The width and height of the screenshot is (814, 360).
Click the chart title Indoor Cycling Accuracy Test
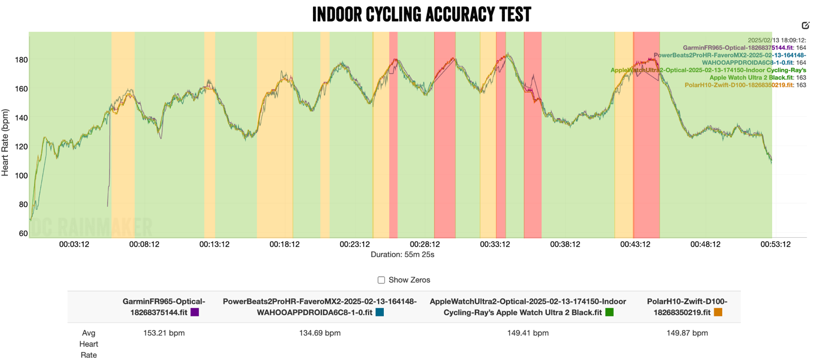pyautogui.click(x=422, y=15)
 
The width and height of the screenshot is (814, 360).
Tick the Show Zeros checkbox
pyautogui.click(x=382, y=280)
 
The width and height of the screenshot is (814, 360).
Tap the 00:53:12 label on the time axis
pyautogui.click(x=775, y=245)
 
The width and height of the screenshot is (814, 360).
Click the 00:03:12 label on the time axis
pyautogui.click(x=74, y=245)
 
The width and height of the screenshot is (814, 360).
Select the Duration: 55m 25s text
pyautogui.click(x=402, y=255)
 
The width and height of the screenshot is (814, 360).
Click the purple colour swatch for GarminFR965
pyautogui.click(x=195, y=312)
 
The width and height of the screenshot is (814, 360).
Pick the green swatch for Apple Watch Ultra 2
pyautogui.click(x=609, y=312)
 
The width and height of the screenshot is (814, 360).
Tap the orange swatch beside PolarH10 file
pyautogui.click(x=718, y=312)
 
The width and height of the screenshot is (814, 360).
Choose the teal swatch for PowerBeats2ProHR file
pyautogui.click(x=380, y=312)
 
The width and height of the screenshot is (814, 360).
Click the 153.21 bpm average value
pyautogui.click(x=164, y=333)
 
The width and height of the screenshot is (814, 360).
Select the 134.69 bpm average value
pyautogui.click(x=320, y=333)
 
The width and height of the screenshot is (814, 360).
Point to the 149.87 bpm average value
pyautogui.click(x=687, y=333)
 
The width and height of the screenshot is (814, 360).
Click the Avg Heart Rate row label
pyautogui.click(x=88, y=344)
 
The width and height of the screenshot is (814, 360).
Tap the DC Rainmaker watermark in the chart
pyautogui.click(x=91, y=228)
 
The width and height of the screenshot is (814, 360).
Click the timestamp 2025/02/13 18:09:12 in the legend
pyautogui.click(x=777, y=40)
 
